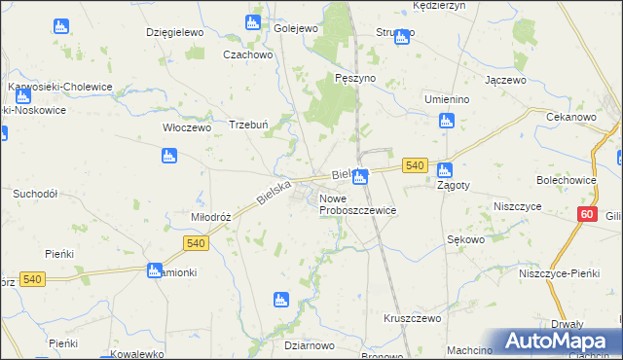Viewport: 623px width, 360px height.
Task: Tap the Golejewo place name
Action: click(x=297, y=28)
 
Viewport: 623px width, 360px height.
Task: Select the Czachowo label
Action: click(x=246, y=54)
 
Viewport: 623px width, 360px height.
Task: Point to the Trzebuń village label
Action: click(x=247, y=125)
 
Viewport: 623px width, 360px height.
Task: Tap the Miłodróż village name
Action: click(x=210, y=217)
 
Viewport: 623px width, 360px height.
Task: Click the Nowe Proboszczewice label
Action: click(x=357, y=204)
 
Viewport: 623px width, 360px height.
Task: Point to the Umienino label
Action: click(x=447, y=99)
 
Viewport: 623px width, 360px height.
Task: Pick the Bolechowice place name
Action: click(x=566, y=180)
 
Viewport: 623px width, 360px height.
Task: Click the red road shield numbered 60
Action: click(x=586, y=214)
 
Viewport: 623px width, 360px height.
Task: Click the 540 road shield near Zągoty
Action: click(x=416, y=166)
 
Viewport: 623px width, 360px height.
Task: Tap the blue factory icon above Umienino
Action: click(x=446, y=121)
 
